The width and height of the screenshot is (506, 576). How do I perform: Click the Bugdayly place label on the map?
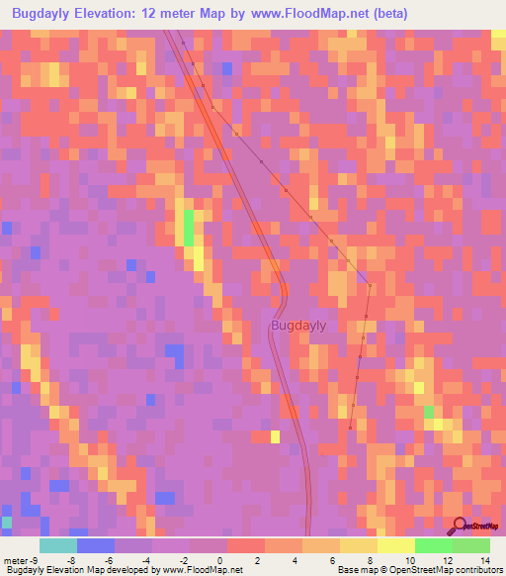click(x=298, y=326)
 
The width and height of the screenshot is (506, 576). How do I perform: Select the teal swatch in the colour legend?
click(x=57, y=545)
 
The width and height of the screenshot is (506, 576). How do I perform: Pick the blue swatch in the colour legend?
click(x=95, y=545)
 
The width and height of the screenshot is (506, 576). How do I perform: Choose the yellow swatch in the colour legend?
click(x=358, y=545)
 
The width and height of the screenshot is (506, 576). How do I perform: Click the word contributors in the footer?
click(x=469, y=570)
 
